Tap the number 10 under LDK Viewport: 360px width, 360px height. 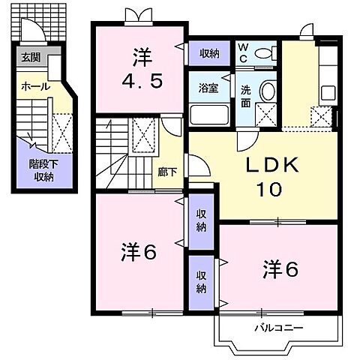tap(271, 188)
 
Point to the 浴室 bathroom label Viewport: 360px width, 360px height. tap(208, 88)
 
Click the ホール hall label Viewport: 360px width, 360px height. tap(35, 87)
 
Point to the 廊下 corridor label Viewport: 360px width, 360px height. tap(168, 171)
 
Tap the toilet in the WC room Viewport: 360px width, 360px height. tap(264, 54)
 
